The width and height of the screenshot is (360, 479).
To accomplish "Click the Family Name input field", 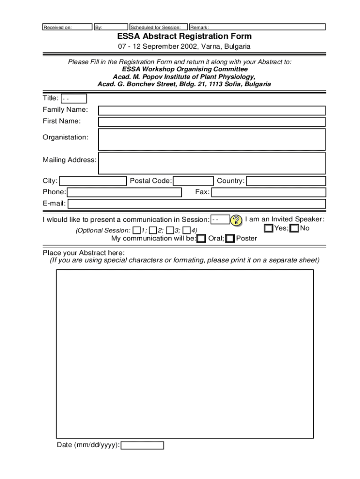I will click(211, 110).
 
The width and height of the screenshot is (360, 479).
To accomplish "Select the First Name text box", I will click(211, 122).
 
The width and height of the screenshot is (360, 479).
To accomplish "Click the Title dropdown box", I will click(73, 99).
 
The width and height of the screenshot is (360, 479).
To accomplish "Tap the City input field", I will click(93, 181).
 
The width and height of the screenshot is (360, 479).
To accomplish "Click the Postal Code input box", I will click(193, 181).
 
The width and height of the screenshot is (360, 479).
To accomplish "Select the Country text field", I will click(286, 181).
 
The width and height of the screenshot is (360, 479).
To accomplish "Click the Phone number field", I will click(124, 192).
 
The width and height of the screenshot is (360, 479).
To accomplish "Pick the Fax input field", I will click(268, 192).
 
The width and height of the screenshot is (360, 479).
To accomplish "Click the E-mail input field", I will click(196, 203).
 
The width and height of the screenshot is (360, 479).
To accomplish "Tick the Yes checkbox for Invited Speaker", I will click(268, 228).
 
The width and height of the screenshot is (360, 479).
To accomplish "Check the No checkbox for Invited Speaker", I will click(294, 228).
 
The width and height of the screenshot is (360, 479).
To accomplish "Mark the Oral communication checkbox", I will click(201, 239).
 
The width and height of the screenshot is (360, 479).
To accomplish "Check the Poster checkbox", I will click(230, 239).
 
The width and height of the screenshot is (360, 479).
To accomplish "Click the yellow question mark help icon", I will click(237, 220).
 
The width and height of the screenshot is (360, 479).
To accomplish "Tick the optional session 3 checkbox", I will click(170, 230).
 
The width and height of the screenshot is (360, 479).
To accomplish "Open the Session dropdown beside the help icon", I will click(220, 219).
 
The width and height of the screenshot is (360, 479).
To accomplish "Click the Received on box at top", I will click(67, 27).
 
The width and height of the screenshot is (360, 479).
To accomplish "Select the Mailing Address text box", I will click(211, 163).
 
